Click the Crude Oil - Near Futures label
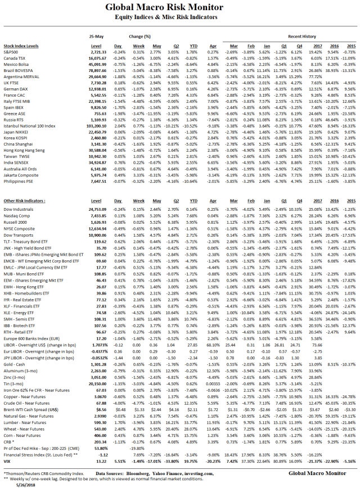coord(25,419)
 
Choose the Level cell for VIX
coord(97,459)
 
